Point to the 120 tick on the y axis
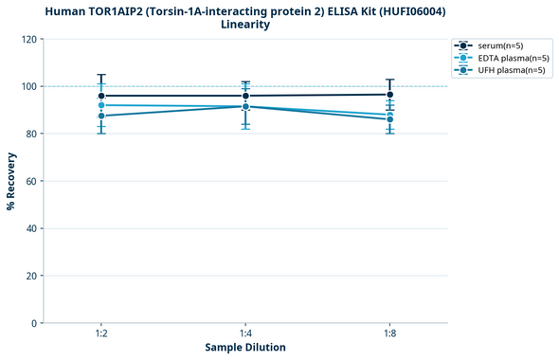[x=29, y=39]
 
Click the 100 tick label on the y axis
[x=29, y=86]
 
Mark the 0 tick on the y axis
[x=35, y=323]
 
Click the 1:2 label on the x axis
[x=101, y=334]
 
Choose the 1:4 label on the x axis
[x=245, y=334]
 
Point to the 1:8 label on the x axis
[x=389, y=334]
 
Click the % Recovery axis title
[x=11, y=181]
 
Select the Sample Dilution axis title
[x=245, y=348]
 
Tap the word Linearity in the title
[x=245, y=25]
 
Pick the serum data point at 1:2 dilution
[x=101, y=96]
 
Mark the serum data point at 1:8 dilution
[x=389, y=95]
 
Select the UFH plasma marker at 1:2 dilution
[x=101, y=116]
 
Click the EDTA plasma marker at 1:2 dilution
[x=101, y=105]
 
